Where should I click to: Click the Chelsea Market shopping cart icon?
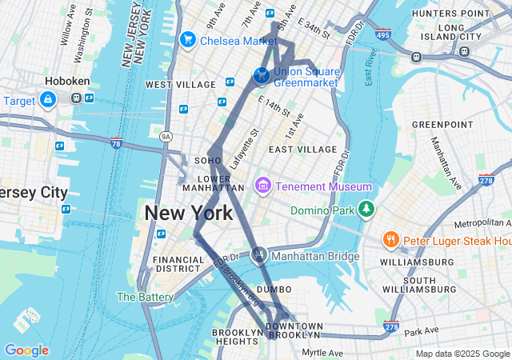[189, 39]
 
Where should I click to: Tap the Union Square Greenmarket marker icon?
[261, 75]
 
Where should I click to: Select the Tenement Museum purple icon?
[262, 186]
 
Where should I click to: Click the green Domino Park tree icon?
[366, 210]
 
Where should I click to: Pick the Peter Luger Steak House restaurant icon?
[390, 240]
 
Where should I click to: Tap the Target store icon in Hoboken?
[48, 100]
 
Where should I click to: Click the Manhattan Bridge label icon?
[258, 256]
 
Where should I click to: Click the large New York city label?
[189, 213]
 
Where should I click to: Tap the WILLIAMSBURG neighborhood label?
[417, 261]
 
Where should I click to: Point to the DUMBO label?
[274, 289]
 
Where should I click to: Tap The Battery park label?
[145, 297]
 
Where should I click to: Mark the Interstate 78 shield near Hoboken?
[117, 144]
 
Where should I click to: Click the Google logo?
[26, 350]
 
